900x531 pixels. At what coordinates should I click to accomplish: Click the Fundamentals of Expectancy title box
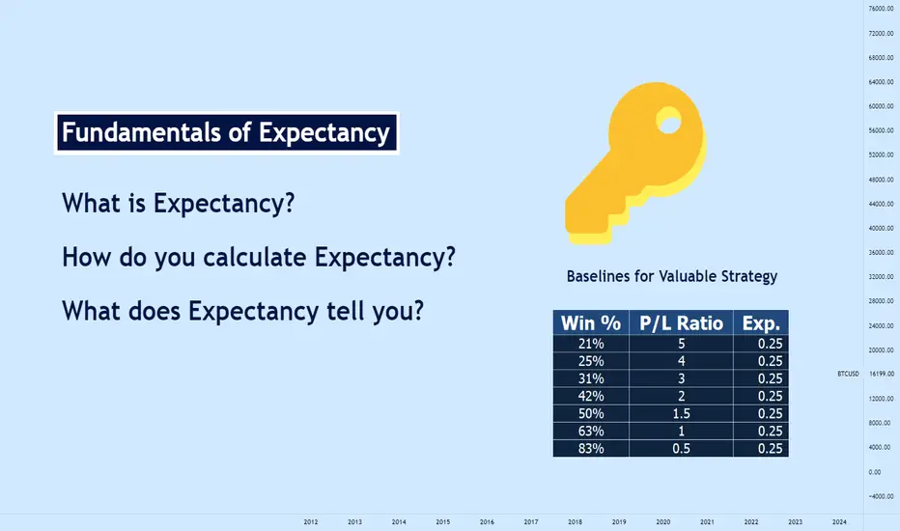click(227, 132)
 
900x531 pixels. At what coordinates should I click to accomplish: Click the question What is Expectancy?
click(178, 204)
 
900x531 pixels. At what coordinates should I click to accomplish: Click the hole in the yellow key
click(668, 121)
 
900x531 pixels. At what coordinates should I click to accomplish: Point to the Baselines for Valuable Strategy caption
click(671, 277)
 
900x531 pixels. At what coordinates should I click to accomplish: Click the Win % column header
click(591, 323)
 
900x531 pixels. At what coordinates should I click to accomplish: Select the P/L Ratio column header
click(682, 323)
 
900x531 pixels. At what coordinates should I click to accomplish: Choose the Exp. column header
click(761, 323)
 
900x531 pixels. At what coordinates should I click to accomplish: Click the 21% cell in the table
click(591, 344)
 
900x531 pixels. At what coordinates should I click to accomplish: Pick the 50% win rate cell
click(591, 414)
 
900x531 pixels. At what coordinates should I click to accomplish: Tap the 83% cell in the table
click(591, 449)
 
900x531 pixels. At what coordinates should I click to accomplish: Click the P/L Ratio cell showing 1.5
click(682, 414)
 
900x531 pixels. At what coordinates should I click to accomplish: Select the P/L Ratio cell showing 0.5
click(682, 449)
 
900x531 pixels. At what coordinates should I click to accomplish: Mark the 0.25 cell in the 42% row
click(761, 396)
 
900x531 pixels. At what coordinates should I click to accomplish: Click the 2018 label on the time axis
click(575, 521)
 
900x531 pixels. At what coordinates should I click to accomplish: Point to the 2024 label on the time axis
click(839, 521)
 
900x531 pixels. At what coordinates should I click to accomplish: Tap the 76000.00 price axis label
click(881, 9)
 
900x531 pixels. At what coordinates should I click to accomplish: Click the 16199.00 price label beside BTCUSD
click(881, 374)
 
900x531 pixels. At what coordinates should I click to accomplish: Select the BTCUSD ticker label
click(849, 374)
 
